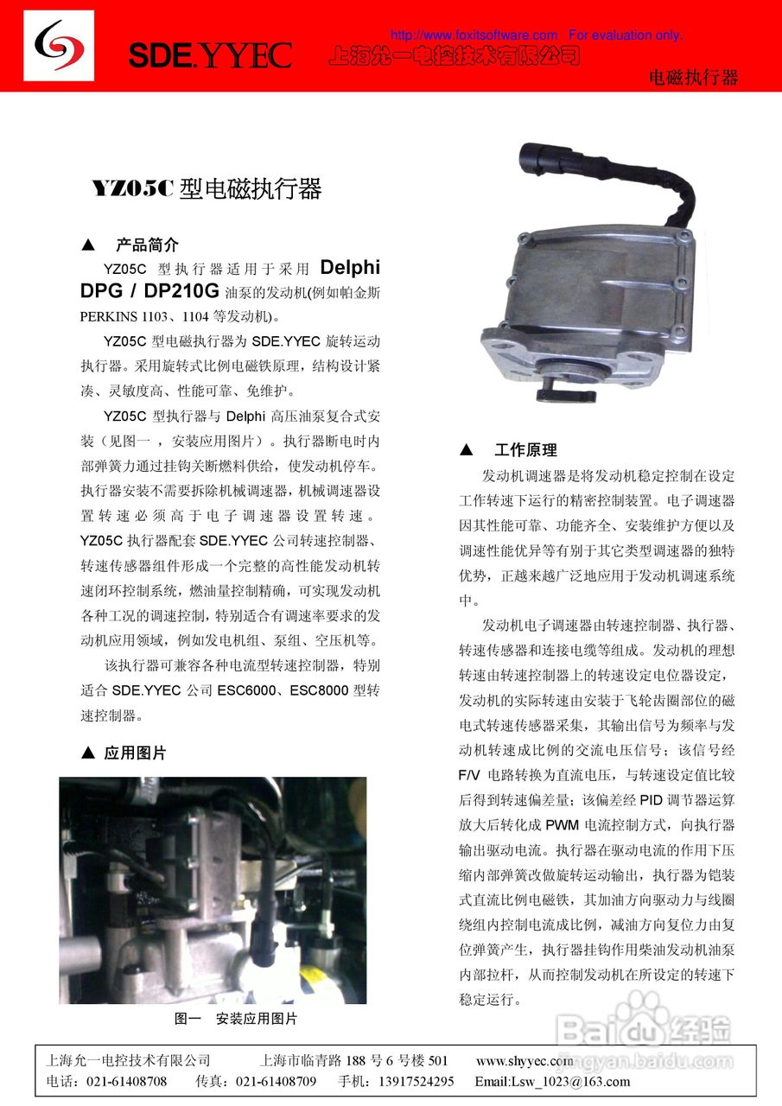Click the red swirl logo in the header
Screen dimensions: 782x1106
59,46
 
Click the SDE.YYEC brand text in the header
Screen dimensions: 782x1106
209,55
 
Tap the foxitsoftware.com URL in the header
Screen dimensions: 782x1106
474,35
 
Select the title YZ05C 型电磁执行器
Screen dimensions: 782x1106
207,188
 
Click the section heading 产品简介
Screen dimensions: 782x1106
147,245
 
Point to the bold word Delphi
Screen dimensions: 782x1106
350,268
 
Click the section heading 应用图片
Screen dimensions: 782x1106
135,753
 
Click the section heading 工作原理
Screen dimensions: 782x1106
525,450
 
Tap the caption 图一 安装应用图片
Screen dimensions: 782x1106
235,1019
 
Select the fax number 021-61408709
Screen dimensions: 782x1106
276,1081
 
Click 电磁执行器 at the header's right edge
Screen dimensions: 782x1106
693,78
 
